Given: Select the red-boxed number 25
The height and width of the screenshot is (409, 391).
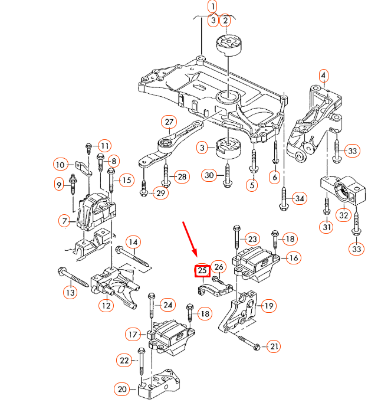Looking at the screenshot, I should click(202, 271).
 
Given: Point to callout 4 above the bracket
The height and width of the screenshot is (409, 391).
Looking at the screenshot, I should click(323, 76).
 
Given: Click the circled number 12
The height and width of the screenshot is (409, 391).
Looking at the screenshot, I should click(106, 306).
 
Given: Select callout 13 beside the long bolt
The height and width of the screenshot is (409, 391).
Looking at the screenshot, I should click(70, 292).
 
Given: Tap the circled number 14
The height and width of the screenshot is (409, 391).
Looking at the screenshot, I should click(133, 241).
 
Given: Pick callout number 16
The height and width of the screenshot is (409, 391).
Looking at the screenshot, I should click(293, 257).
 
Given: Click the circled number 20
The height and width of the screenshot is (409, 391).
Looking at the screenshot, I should click(122, 389).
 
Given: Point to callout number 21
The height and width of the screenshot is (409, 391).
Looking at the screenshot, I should click(274, 346).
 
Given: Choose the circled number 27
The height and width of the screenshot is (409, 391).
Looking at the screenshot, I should click(169, 123).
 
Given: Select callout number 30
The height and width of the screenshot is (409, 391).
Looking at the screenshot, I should click(209, 175).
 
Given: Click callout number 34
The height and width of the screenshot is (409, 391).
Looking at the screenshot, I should click(300, 198).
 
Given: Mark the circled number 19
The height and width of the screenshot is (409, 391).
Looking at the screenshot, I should click(268, 306).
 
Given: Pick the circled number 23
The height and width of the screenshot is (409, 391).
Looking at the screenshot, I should click(252, 239).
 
